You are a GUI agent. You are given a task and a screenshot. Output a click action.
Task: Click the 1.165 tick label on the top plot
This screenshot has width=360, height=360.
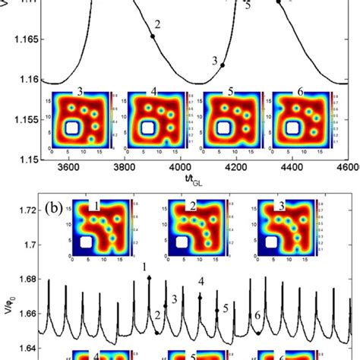coord(19,36)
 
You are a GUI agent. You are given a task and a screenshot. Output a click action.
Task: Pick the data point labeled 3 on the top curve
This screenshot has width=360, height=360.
coord(223,65)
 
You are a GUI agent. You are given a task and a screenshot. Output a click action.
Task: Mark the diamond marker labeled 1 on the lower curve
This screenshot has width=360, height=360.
coord(148,279)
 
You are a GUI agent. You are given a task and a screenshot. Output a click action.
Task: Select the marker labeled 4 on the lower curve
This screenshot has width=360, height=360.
coord(200,297)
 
